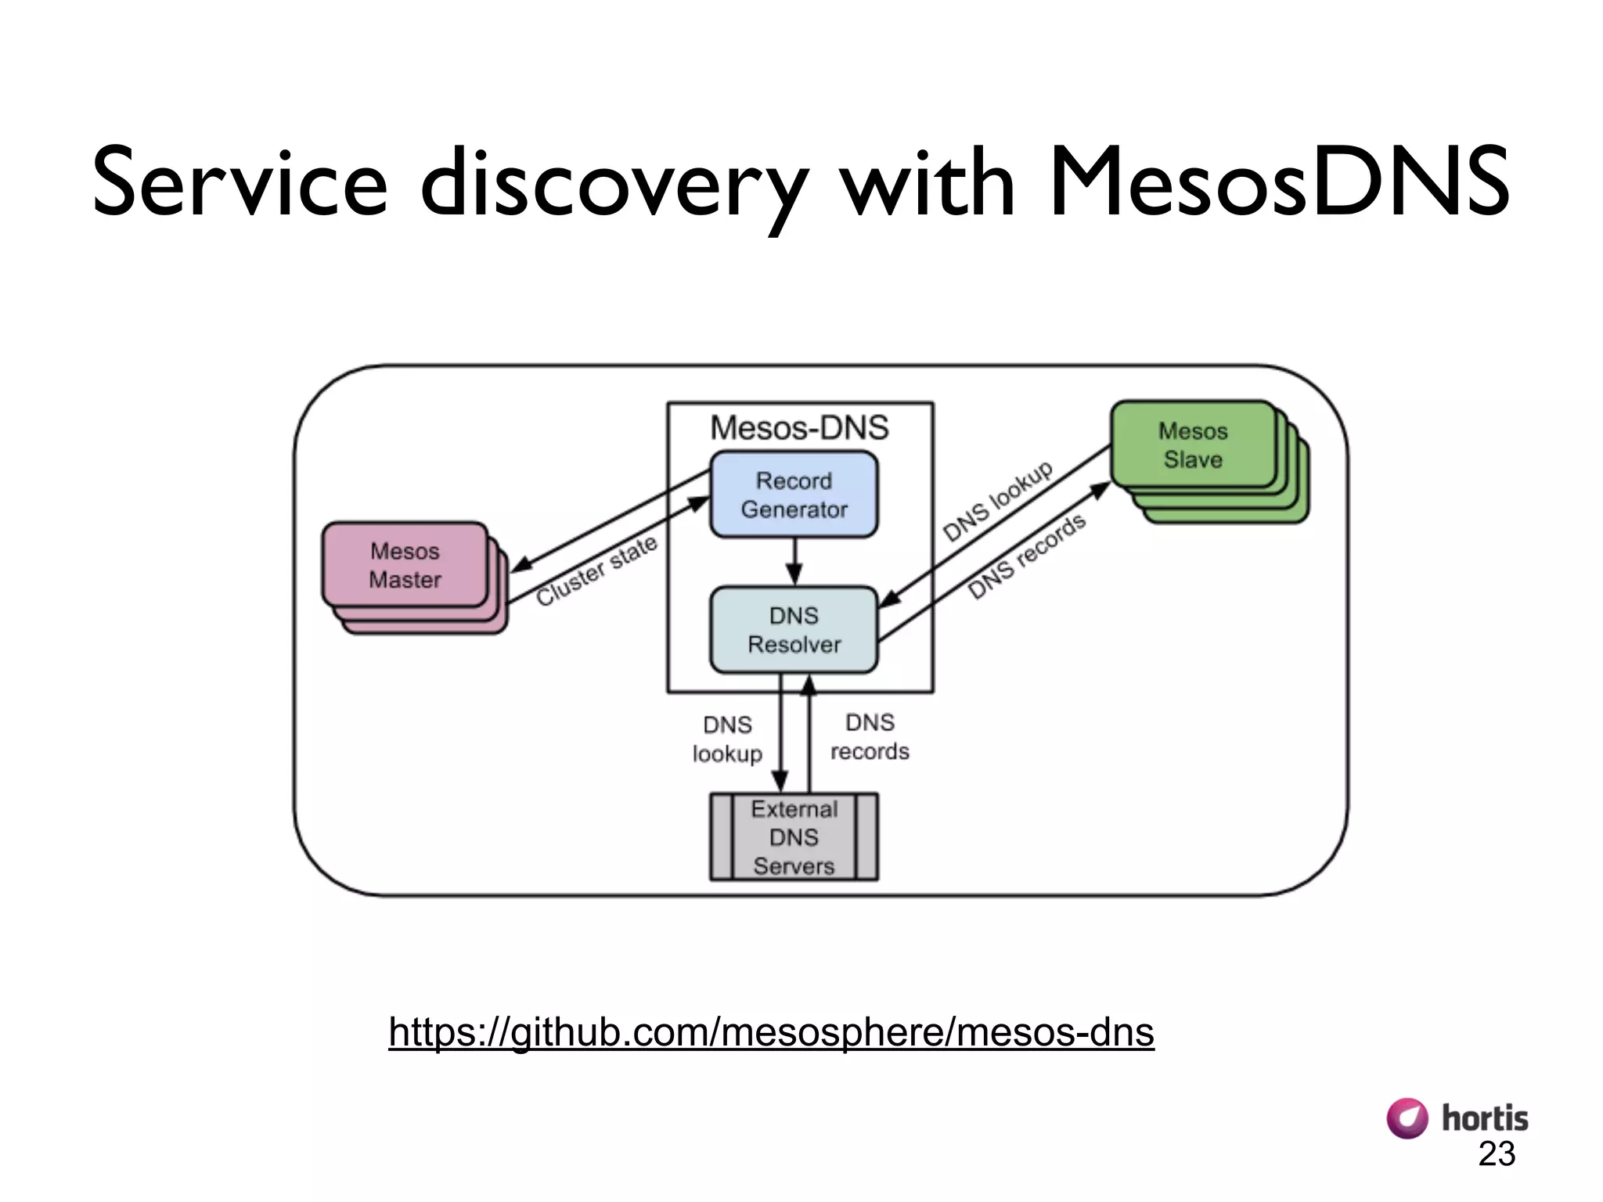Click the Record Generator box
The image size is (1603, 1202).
[794, 495]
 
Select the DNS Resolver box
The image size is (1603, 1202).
[794, 630]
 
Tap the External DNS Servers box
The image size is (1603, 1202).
[794, 837]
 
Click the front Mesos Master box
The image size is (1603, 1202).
[405, 565]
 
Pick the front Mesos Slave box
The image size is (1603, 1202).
[1193, 444]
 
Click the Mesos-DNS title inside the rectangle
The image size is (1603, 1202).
[799, 428]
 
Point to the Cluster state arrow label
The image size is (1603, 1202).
[596, 571]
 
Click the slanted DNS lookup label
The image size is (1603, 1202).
[997, 501]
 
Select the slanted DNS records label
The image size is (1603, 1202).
[1026, 556]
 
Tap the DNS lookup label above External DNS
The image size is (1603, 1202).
[727, 739]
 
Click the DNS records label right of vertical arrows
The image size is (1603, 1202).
[870, 736]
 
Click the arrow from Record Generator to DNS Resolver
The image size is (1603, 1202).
[794, 563]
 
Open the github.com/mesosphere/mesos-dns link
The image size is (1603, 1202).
[771, 1031]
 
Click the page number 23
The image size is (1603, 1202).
[1497, 1154]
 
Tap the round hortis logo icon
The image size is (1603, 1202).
[1407, 1117]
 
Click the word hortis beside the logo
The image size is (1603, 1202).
[1485, 1118]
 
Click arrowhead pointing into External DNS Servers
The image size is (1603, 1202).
[780, 782]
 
